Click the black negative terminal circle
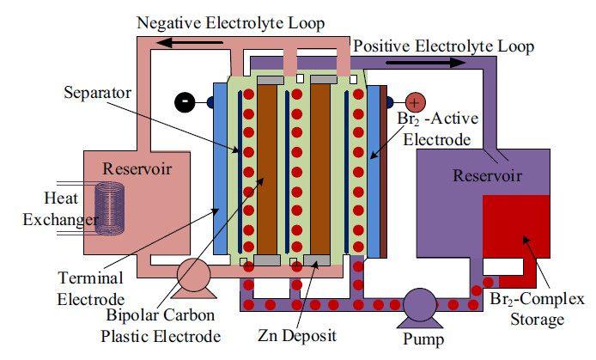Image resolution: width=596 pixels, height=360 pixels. click(x=184, y=101)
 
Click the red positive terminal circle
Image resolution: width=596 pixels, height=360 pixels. click(x=415, y=101)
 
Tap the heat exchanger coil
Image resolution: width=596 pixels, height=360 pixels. click(x=111, y=209)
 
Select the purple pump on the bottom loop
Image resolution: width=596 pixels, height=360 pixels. click(x=420, y=304)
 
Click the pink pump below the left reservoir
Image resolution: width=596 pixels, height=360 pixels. click(x=195, y=277)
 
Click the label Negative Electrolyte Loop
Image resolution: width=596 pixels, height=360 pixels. click(x=231, y=23)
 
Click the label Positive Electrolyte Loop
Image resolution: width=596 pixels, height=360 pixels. click(x=444, y=46)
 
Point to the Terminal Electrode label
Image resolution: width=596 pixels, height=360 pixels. click(x=93, y=289)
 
